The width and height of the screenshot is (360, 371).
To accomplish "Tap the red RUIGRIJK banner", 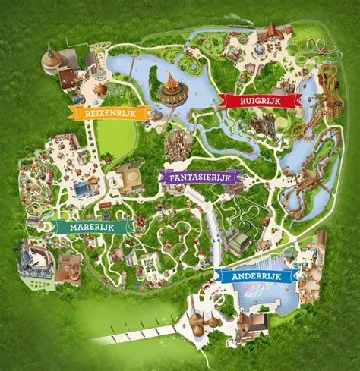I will pos(256,99).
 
